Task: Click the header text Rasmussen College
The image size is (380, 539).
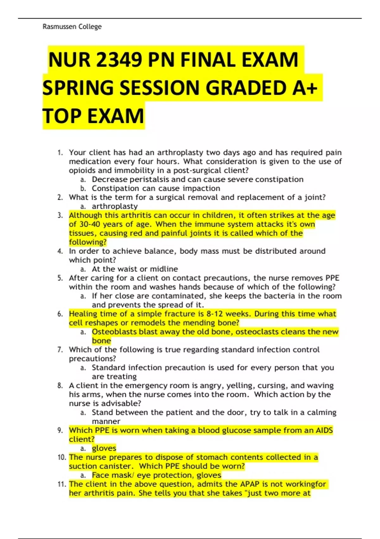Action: pyautogui.click(x=72, y=27)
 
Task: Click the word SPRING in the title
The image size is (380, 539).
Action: pyautogui.click(x=78, y=88)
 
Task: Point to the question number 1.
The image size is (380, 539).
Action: pyautogui.click(x=60, y=153)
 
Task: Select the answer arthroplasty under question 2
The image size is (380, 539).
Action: pyautogui.click(x=115, y=206)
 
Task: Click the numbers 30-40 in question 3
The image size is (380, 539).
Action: pyautogui.click(x=89, y=224)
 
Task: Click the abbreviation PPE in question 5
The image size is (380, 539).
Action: pyautogui.click(x=332, y=278)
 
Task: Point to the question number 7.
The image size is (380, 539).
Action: pyautogui.click(x=60, y=350)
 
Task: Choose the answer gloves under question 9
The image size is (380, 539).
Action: pyautogui.click(x=104, y=448)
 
